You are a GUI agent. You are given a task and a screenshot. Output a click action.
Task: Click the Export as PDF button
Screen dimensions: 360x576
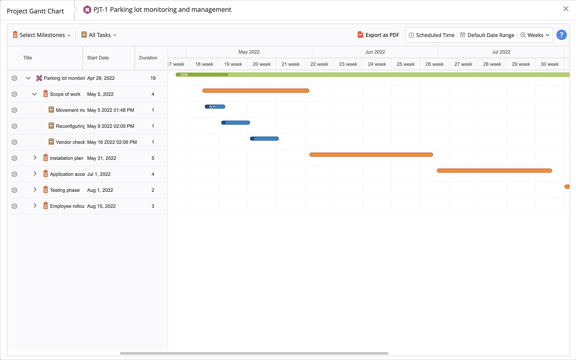pyautogui.click(x=378, y=35)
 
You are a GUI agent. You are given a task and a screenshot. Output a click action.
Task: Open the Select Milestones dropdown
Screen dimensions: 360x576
pyautogui.click(x=42, y=35)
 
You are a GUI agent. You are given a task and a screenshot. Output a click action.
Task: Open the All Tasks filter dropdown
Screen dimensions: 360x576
pyautogui.click(x=99, y=35)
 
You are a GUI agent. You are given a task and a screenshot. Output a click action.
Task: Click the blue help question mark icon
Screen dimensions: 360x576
pyautogui.click(x=561, y=35)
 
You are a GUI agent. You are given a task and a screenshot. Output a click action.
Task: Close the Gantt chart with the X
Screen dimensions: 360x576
pyautogui.click(x=566, y=9)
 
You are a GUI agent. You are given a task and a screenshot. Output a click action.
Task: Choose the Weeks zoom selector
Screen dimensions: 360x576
pyautogui.click(x=535, y=35)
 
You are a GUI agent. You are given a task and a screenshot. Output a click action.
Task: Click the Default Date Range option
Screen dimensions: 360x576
pyautogui.click(x=487, y=35)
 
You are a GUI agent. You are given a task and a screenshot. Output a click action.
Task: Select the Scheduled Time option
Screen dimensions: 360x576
pyautogui.click(x=432, y=35)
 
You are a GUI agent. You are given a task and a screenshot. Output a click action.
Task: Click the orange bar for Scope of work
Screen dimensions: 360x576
pyautogui.click(x=256, y=91)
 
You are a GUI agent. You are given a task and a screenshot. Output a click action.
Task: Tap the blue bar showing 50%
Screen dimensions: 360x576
pyautogui.click(x=215, y=107)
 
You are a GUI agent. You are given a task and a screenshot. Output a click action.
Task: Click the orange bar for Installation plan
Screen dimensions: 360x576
pyautogui.click(x=371, y=155)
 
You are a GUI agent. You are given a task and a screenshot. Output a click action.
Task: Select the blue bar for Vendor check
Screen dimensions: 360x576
pyautogui.click(x=264, y=139)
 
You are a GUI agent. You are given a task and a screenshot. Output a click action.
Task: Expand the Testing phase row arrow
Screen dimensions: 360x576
pyautogui.click(x=35, y=190)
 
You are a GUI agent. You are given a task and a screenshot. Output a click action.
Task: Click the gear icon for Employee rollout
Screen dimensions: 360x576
pyautogui.click(x=14, y=206)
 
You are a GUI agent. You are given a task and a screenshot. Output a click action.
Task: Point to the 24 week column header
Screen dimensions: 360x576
pyautogui.click(x=377, y=64)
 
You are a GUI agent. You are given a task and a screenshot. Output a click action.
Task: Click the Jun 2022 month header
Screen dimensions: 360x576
pyautogui.click(x=375, y=52)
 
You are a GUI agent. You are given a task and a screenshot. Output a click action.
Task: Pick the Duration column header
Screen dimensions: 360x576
pyautogui.click(x=148, y=58)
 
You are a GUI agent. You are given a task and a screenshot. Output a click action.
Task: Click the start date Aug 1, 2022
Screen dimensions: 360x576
pyautogui.click(x=100, y=190)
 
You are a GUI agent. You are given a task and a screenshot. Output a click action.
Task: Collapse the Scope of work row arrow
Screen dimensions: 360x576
pyautogui.click(x=34, y=94)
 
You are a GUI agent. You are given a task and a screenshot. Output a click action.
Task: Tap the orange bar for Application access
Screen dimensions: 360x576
pyautogui.click(x=494, y=171)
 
